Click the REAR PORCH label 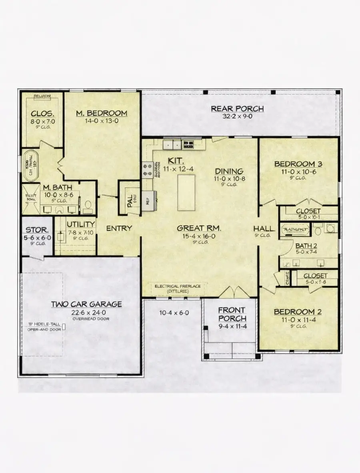pos(237,108)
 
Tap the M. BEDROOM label pos(102,113)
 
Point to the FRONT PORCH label pos(232,314)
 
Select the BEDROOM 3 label pos(298,164)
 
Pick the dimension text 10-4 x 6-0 pos(174,313)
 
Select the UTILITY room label pos(80,224)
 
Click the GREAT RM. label pos(199,228)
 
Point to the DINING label pos(229,171)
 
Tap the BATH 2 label pos(306,245)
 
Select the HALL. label pos(264,228)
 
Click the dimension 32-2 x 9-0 pos(237,116)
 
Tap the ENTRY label pos(119,228)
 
